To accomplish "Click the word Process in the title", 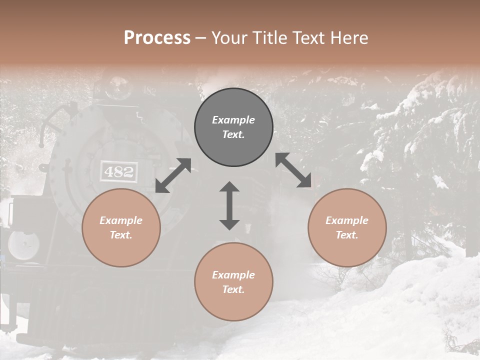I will click(x=157, y=38).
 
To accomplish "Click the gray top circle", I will click(x=233, y=127).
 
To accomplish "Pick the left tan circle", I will click(x=121, y=227).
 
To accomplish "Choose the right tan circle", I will click(x=347, y=227).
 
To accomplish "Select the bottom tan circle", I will click(x=233, y=282).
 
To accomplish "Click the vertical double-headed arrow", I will click(x=229, y=205).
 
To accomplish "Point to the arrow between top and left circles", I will click(x=173, y=175).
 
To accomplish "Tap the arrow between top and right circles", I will click(x=293, y=170).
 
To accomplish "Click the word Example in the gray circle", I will click(x=233, y=120).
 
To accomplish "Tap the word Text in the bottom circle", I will click(x=233, y=289).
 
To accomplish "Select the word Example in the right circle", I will click(x=347, y=220).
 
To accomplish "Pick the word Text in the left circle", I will click(x=121, y=235).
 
